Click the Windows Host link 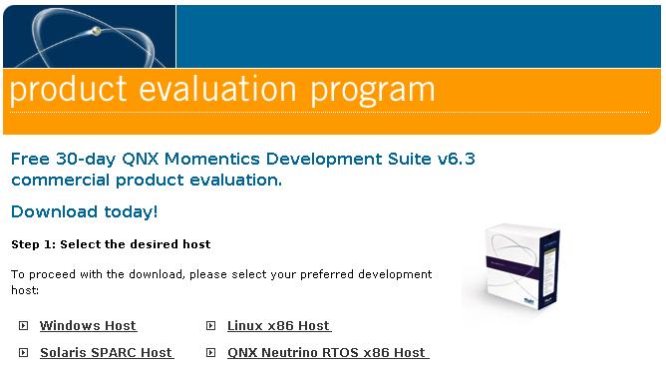pos(88,326)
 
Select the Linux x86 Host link pos(278,326)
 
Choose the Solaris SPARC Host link pos(106,353)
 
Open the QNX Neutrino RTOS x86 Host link pos(327,353)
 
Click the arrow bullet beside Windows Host pos(23,326)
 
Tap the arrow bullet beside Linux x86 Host pos(210,326)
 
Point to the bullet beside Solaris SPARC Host pos(23,353)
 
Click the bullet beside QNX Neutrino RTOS pos(210,353)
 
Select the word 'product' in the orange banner pos(68,91)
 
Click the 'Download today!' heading pos(84,211)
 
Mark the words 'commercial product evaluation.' pos(147,181)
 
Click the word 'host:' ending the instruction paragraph pos(25,291)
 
